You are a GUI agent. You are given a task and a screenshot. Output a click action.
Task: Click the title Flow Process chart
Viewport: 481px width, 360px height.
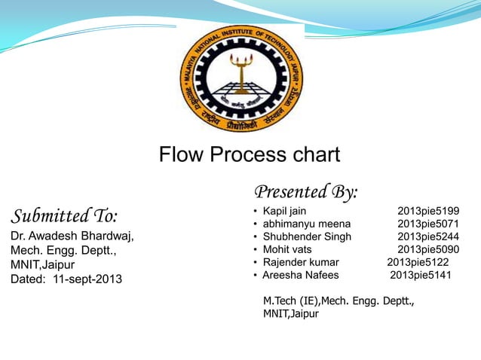[250, 155]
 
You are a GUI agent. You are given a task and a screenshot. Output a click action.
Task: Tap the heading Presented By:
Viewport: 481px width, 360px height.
[306, 191]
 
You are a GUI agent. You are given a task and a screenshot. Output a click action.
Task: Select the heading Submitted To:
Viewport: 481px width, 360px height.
[64, 216]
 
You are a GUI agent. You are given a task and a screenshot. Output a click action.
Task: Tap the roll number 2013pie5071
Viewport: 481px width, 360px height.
[428, 224]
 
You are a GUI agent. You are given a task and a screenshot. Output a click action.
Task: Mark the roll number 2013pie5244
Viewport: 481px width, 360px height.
[428, 236]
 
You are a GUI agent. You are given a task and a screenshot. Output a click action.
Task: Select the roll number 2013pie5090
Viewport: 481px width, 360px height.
[428, 249]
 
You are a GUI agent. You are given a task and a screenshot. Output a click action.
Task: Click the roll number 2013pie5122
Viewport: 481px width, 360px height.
[418, 262]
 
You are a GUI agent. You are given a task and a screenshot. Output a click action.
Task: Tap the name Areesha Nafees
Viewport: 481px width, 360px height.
[301, 275]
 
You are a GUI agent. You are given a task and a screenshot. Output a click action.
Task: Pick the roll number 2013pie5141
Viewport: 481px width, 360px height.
[421, 275]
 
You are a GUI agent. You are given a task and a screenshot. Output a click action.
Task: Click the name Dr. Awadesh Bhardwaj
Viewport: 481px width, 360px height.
[72, 236]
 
